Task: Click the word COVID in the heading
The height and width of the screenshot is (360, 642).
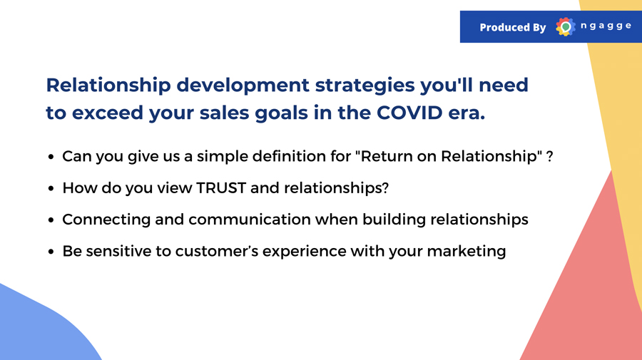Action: point(409,113)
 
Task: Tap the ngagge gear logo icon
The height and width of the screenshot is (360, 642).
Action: point(566,27)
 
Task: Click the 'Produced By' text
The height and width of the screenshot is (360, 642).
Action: point(513,27)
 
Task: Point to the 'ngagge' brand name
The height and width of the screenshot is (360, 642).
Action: point(606,26)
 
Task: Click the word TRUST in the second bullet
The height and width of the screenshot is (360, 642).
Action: point(221,187)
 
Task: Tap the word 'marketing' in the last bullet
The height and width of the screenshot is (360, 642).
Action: point(467,252)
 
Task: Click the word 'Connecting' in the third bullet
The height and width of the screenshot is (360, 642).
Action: point(106,220)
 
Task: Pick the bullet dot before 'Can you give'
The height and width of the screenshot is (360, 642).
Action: point(51,157)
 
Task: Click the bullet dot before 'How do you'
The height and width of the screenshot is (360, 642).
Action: point(51,188)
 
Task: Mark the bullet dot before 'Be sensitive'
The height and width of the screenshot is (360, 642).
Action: point(51,252)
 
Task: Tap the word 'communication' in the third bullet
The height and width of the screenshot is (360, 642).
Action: point(250,220)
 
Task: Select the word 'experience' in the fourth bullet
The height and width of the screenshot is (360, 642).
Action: point(304,252)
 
